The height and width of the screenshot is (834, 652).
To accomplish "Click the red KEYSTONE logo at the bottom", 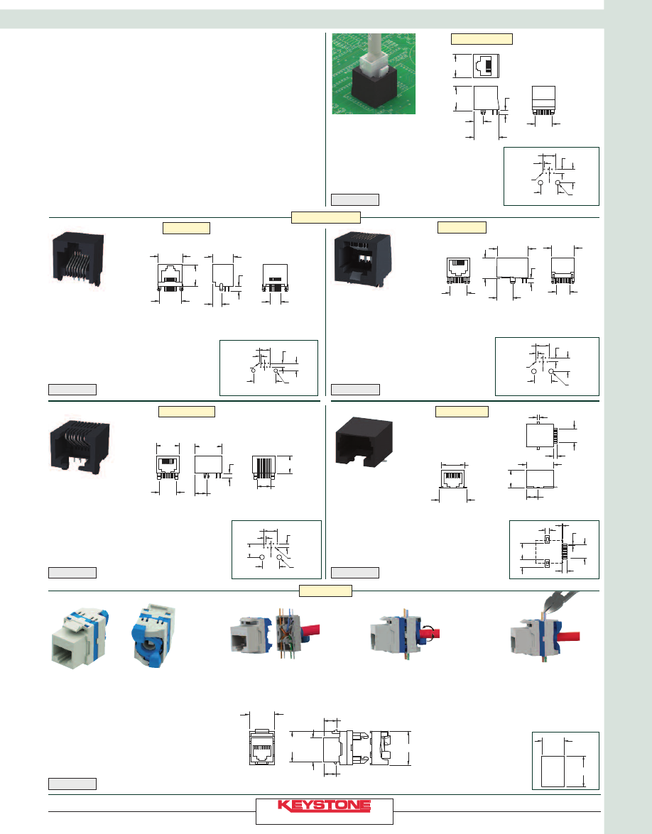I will (x=324, y=806).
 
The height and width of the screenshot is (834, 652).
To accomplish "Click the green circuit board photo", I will (x=374, y=73).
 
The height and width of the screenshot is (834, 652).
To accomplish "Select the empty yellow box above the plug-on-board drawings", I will (x=482, y=39).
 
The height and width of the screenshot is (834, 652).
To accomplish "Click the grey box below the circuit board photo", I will (x=355, y=199).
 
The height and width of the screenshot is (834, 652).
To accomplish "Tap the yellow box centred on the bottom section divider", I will (x=326, y=591).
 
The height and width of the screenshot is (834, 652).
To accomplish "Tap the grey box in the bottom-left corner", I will (x=72, y=784).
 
